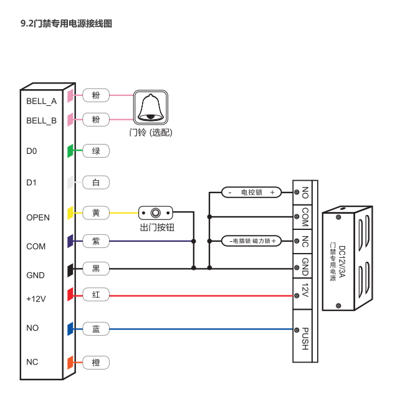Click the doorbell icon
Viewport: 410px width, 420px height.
[151, 107]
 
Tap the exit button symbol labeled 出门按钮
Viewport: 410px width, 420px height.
[156, 213]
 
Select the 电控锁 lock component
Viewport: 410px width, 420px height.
[252, 193]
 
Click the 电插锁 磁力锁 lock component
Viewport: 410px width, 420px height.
[252, 241]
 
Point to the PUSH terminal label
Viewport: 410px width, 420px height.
[305, 338]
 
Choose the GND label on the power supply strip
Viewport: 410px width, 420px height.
[305, 267]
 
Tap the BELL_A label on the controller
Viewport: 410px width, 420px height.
[42, 101]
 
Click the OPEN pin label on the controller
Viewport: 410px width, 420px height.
[38, 217]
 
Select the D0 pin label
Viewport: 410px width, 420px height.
[32, 151]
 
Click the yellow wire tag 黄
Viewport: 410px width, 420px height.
[96, 213]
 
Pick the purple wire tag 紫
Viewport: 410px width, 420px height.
[96, 241]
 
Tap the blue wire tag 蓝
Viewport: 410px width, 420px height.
[96, 329]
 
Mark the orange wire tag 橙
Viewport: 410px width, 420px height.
[96, 363]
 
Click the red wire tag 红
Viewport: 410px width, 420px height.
[96, 295]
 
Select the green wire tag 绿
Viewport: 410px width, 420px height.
[96, 151]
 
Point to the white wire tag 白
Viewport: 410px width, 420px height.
[96, 183]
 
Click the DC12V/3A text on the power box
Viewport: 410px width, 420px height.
[342, 262]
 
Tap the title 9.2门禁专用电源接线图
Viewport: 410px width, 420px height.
[67, 24]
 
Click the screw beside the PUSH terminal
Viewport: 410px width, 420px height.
[297, 330]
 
